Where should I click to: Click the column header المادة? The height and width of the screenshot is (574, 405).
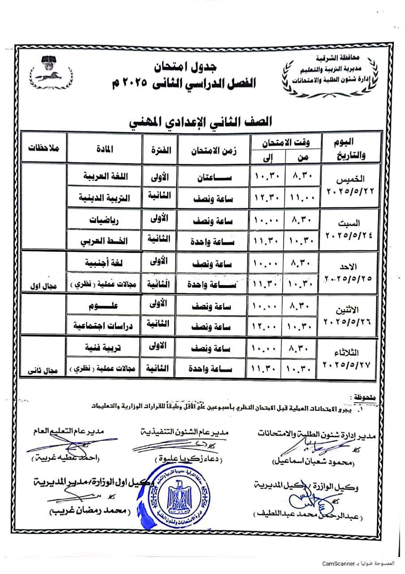tap(103, 148)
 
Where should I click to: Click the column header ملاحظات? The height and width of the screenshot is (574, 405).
tap(43, 148)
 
